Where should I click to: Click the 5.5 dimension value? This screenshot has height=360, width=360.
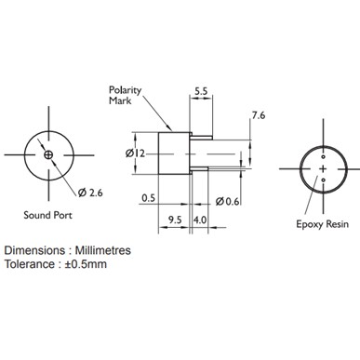point(201,91)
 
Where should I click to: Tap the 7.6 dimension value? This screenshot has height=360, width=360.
point(259,115)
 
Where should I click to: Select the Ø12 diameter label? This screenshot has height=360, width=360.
point(135,153)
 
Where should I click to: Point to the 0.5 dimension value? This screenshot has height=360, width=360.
point(148,198)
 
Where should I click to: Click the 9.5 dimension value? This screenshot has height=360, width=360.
point(175,220)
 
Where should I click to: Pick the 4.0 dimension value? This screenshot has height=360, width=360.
point(200,220)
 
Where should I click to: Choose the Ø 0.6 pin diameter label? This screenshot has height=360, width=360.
point(227,202)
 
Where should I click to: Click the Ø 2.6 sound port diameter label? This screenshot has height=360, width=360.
point(90,193)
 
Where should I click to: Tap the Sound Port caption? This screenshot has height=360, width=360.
point(48,215)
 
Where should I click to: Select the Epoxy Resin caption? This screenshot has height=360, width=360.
point(322,224)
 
